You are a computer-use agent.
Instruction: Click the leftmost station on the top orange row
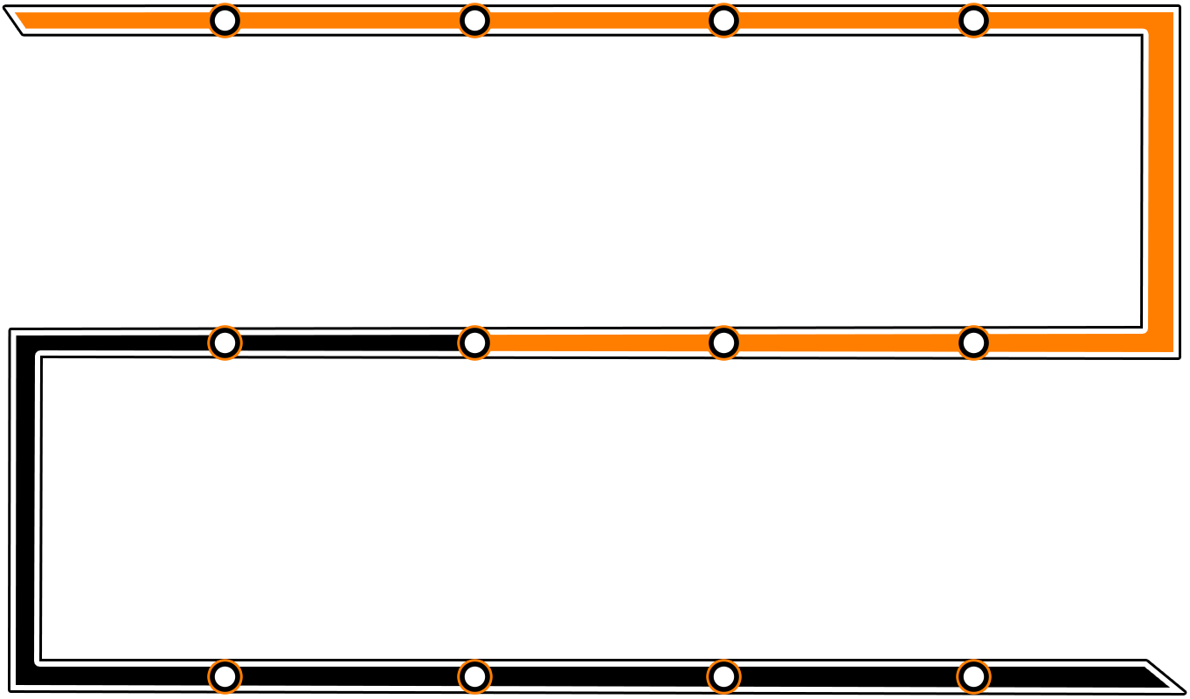(225, 20)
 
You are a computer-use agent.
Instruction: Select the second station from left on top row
(474, 20)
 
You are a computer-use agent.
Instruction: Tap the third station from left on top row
(723, 20)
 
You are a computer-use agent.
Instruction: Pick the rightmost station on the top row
(973, 20)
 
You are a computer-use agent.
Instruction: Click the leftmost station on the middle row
(225, 343)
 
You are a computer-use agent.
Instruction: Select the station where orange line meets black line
(474, 343)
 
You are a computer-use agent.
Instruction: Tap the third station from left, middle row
(723, 343)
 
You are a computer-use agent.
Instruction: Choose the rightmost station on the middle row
(973, 343)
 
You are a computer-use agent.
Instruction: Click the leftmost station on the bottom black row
(225, 675)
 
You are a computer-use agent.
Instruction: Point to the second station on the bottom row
(474, 675)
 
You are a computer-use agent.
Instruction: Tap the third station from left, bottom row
(723, 675)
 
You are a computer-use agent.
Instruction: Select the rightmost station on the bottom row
(973, 675)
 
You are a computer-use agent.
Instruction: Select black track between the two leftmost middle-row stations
(349, 343)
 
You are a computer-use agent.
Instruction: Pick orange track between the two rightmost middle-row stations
(848, 343)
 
